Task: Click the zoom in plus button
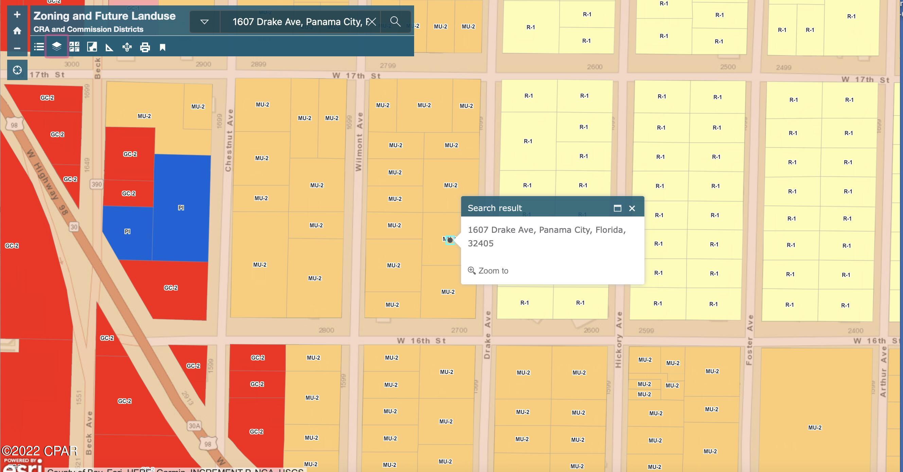coord(17,15)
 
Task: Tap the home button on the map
coord(17,31)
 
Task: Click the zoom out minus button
coord(17,48)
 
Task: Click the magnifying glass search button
coord(395,22)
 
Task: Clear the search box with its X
coord(372,22)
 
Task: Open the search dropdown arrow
coord(205,22)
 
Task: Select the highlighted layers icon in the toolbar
coord(56,46)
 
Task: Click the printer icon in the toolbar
coord(145,47)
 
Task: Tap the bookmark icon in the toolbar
coord(162,47)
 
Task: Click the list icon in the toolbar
coord(39,46)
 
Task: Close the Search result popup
coord(632,208)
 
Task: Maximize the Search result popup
coord(617,208)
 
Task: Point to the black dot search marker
coord(450,240)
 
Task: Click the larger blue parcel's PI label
coord(181,208)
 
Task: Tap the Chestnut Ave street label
coord(229,140)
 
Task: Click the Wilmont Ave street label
coord(359,142)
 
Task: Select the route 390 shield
coord(96,184)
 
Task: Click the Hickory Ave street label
coord(619,340)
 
